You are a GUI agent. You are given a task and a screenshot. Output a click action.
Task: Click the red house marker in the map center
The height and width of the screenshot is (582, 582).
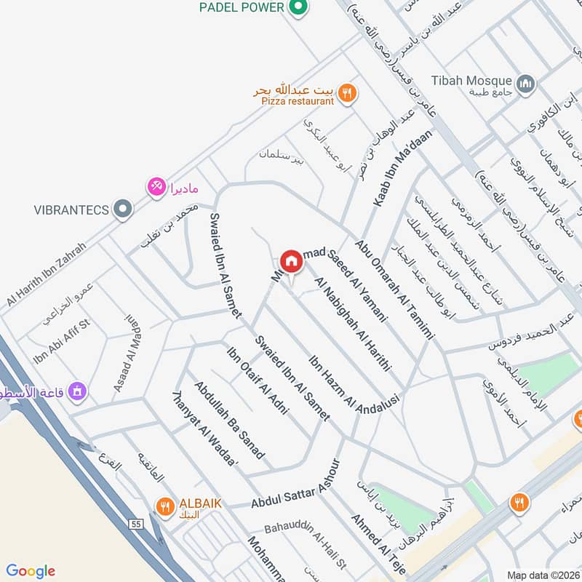tap(291, 260)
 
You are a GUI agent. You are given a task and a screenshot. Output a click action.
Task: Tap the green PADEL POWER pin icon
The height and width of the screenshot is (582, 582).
tap(296, 8)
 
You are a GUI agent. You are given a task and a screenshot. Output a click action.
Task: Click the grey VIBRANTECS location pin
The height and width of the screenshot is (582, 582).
tap(124, 210)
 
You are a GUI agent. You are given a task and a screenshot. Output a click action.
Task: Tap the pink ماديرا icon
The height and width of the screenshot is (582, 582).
tap(156, 187)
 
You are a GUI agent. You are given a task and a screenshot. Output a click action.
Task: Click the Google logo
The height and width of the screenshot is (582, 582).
tap(30, 570)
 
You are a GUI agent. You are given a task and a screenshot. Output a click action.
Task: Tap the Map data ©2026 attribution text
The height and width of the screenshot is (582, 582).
tap(541, 575)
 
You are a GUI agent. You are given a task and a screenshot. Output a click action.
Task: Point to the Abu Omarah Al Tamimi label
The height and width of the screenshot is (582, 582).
tap(393, 289)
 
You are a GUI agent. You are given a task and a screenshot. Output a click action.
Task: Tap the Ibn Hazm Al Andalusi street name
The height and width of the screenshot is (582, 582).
tap(354, 383)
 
